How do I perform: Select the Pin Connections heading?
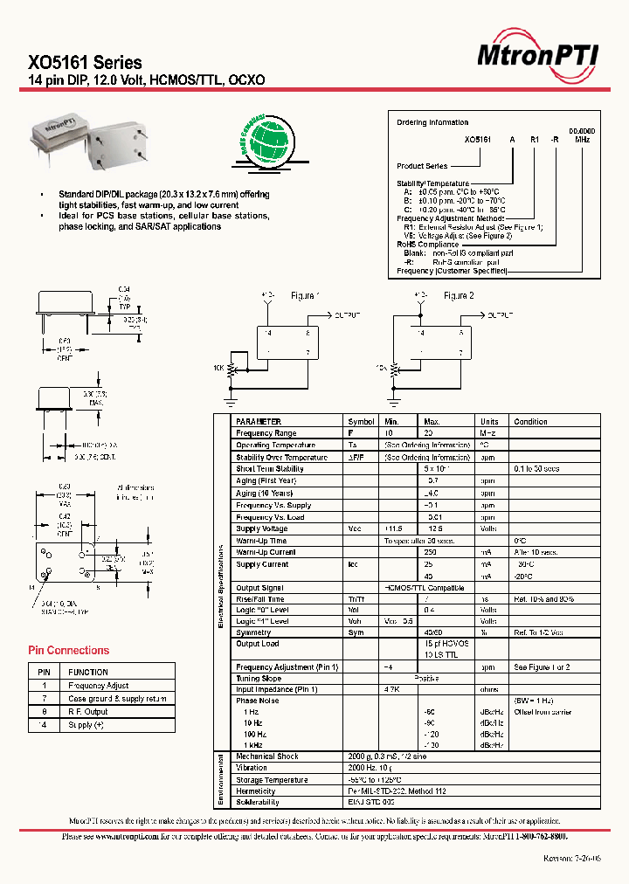(69, 651)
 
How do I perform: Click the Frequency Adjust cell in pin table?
(99, 686)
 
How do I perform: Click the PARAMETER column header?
(259, 421)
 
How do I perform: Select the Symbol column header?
(361, 421)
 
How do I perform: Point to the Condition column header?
(530, 421)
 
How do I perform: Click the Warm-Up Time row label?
(261, 541)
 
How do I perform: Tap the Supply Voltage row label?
(262, 529)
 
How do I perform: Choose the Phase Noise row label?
(258, 701)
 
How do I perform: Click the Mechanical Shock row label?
(267, 756)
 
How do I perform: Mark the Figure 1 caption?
(305, 296)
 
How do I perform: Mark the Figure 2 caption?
(459, 296)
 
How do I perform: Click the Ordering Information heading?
(432, 122)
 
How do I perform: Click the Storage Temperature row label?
(272, 780)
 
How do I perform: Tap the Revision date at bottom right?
(570, 859)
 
